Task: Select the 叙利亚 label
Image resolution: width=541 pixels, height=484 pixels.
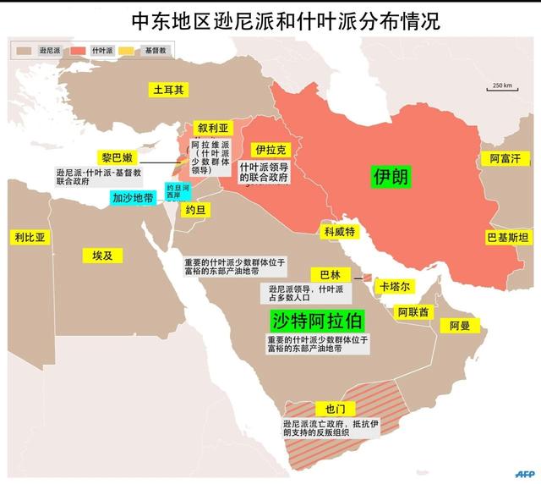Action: pos(213,128)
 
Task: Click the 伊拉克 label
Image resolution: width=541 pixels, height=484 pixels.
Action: pos(270,150)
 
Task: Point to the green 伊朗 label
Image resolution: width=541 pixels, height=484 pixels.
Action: pos(391,176)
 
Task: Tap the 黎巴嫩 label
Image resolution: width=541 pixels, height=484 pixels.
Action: pos(117,158)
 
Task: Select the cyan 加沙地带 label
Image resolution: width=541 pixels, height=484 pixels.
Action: pos(134,198)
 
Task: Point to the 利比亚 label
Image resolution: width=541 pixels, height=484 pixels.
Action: pos(29,238)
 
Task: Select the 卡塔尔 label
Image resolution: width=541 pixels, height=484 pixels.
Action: pos(395,286)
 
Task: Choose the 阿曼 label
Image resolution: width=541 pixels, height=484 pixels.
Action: pos(464,325)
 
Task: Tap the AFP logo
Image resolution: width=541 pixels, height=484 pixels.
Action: pos(524,472)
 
